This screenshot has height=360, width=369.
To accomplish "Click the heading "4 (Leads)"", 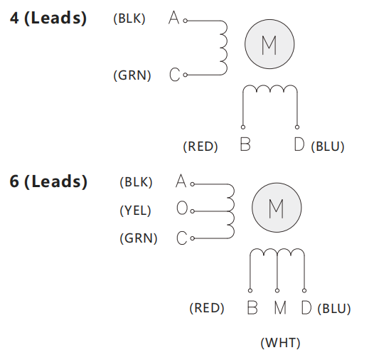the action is pyautogui.click(x=48, y=18).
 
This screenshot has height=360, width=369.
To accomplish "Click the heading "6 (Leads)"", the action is pyautogui.click(x=48, y=181).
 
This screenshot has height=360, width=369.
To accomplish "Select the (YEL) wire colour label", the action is pyautogui.click(x=135, y=211).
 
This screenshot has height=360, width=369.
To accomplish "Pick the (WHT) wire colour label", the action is pyautogui.click(x=280, y=343).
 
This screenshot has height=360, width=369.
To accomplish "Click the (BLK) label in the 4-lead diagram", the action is pyautogui.click(x=129, y=18).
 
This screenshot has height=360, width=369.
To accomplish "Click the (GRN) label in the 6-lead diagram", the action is pyautogui.click(x=139, y=238).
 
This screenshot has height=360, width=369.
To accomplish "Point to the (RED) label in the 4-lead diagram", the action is pyautogui.click(x=200, y=147).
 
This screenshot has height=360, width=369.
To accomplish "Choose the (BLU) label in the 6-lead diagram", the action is pyautogui.click(x=334, y=309).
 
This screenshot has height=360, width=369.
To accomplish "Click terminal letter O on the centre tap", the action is pyautogui.click(x=182, y=208).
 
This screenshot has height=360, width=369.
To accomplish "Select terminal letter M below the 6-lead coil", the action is pyautogui.click(x=280, y=307).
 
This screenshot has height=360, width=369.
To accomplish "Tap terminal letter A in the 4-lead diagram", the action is pyautogui.click(x=173, y=18).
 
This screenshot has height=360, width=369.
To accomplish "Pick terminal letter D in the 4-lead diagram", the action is pyautogui.click(x=299, y=144).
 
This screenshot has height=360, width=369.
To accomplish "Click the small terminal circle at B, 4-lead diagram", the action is pyautogui.click(x=243, y=127).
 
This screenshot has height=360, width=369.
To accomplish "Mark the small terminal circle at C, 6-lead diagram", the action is pyautogui.click(x=193, y=238).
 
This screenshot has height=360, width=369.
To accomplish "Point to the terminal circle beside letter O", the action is pyautogui.click(x=193, y=211).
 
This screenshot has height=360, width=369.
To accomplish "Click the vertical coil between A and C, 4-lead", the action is pyautogui.click(x=227, y=48).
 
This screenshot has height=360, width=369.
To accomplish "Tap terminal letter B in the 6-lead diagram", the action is pyautogui.click(x=252, y=307).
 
